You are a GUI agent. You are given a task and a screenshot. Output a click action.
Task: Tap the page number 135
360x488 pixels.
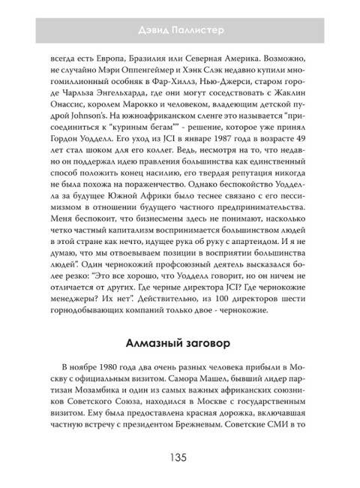click(x=179, y=459)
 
